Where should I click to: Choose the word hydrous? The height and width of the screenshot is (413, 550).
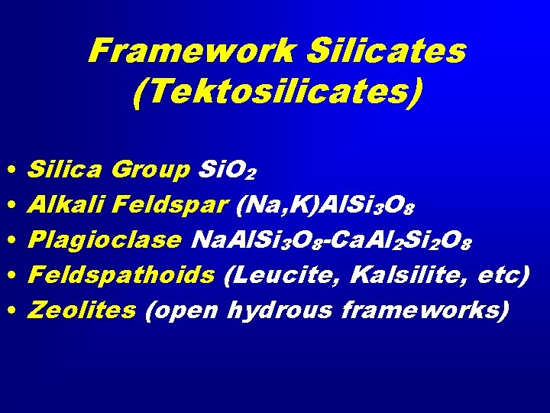pyautogui.click(x=280, y=311)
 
